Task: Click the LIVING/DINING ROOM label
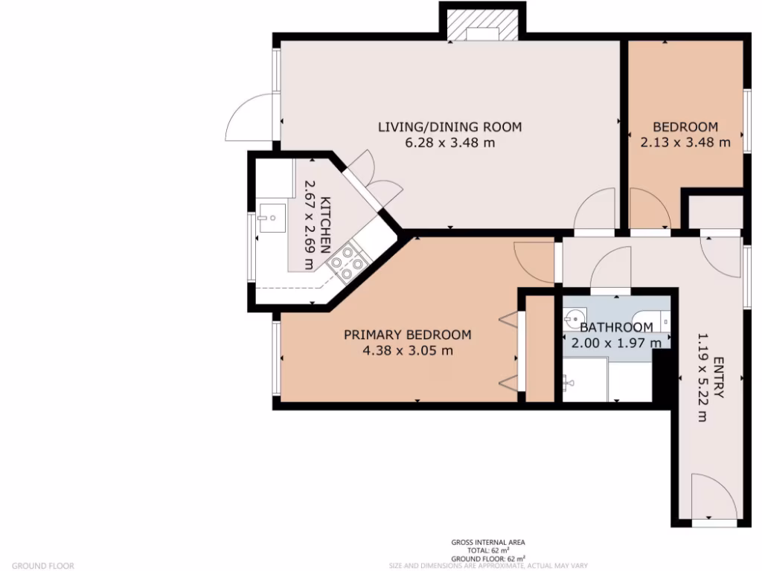point(449,126)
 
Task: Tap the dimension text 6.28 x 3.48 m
point(449,143)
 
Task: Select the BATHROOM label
point(616,327)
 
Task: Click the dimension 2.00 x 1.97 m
point(616,343)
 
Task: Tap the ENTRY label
point(717,378)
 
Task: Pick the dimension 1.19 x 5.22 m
point(701,378)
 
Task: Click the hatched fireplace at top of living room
point(483,22)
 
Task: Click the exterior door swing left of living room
point(249,119)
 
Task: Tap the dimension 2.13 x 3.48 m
point(685,143)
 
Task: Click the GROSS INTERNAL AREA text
point(487,542)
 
